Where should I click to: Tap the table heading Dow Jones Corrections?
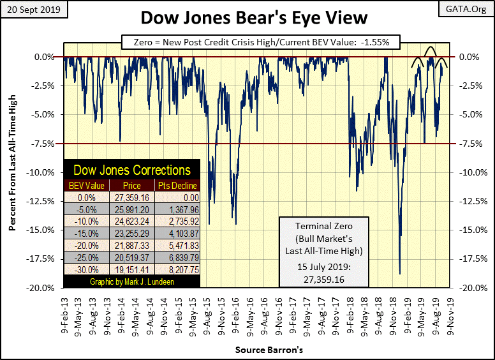pos(132,170)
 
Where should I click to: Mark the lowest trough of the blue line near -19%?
pos(400,274)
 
